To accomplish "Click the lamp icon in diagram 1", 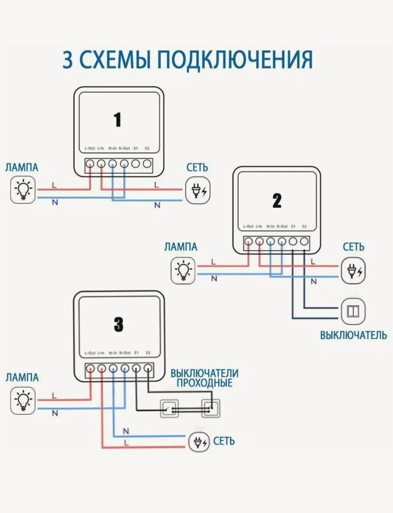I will [x=23, y=190].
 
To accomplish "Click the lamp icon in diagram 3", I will [x=23, y=401].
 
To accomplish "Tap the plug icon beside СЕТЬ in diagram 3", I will [x=199, y=442].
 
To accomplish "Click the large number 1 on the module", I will [x=118, y=120].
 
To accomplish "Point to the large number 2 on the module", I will [x=277, y=201].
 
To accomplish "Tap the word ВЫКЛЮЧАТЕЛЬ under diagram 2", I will [x=353, y=335].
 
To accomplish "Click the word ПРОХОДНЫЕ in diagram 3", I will [x=205, y=383].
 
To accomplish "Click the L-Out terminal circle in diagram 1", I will [x=90, y=164].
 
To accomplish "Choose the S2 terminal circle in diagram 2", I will [x=304, y=242].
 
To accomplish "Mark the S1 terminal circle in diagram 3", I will [x=136, y=368].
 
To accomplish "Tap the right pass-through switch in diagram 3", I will [x=211, y=409].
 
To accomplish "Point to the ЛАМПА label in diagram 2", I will [x=181, y=247].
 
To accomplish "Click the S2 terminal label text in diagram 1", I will [x=147, y=148].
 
